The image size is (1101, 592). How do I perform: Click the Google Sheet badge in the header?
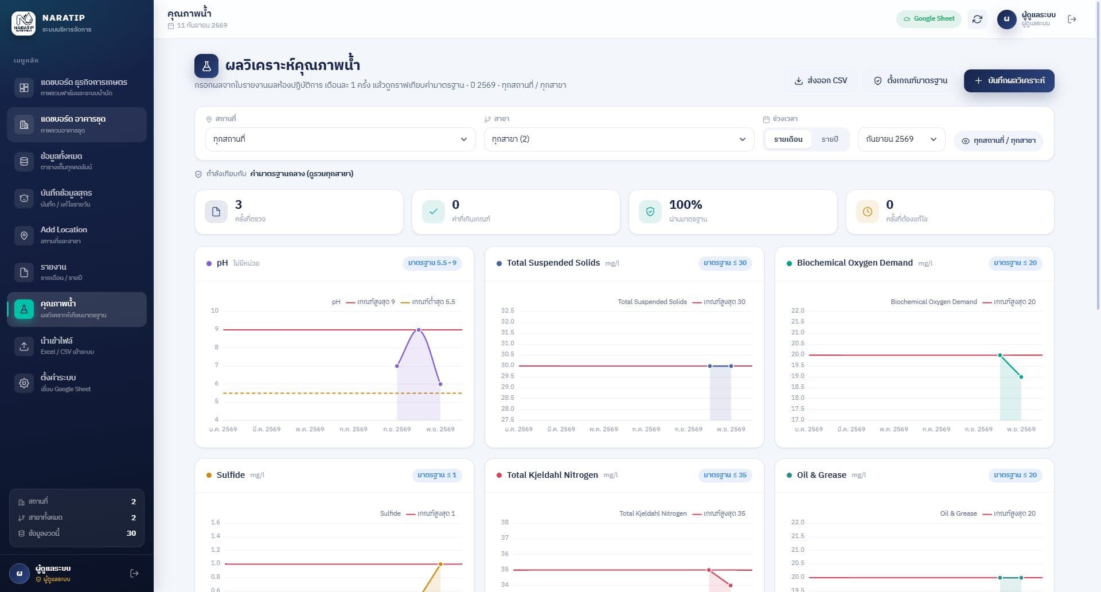click(929, 19)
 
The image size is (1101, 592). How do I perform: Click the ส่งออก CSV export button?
click(821, 81)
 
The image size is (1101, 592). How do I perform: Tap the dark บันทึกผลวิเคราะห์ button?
click(1009, 81)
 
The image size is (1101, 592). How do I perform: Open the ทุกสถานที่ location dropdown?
click(340, 139)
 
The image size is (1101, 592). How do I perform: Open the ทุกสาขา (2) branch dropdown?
click(619, 139)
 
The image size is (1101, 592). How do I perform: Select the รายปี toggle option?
click(829, 139)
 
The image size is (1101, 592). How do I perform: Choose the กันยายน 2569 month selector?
click(901, 139)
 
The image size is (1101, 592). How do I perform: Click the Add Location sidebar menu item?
click(77, 235)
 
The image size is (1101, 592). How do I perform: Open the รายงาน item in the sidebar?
click(77, 272)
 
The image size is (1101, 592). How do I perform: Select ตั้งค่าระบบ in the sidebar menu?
click(77, 383)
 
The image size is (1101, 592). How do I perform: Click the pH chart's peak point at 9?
click(419, 330)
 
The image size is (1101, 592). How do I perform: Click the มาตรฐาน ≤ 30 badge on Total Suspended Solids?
click(725, 263)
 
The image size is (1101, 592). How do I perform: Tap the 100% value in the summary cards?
click(685, 205)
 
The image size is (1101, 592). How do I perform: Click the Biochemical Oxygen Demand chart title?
click(854, 263)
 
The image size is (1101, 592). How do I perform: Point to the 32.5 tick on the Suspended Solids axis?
click(507, 310)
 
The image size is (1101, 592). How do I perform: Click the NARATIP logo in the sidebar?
click(24, 24)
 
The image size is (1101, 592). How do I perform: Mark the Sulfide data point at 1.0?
click(440, 564)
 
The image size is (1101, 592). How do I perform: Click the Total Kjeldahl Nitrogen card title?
click(552, 475)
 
